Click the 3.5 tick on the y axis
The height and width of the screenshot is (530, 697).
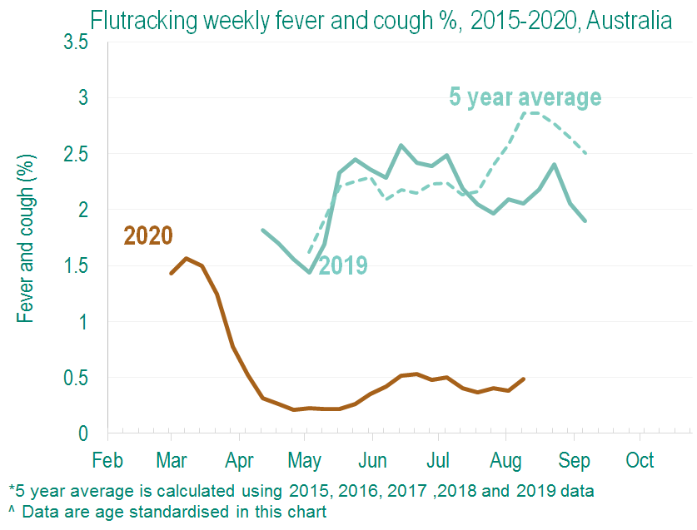point(75,42)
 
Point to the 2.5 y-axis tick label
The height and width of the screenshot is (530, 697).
point(75,154)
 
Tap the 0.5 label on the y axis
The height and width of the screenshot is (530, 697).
point(75,378)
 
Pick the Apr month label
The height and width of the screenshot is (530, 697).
point(240,460)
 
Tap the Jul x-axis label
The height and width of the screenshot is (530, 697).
point(438,460)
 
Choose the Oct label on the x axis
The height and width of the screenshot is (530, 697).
point(640,460)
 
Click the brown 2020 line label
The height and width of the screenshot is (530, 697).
point(148,236)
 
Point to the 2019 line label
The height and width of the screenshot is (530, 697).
point(343,265)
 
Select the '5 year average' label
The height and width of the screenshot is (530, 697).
point(525,97)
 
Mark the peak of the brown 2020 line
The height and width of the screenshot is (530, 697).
point(187,258)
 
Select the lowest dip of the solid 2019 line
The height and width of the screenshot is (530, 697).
point(309,272)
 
